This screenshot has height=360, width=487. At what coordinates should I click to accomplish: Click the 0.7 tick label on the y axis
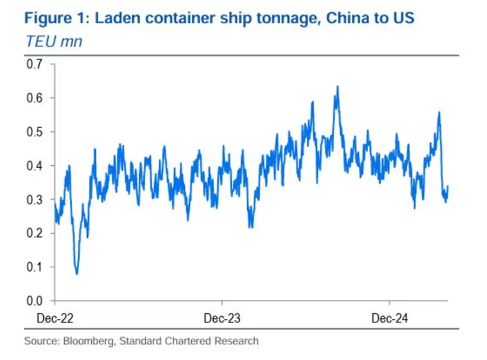(34, 64)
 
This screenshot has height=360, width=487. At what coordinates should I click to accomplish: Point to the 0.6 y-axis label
(34, 98)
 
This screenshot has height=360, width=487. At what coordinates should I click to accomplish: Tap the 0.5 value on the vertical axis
(34, 132)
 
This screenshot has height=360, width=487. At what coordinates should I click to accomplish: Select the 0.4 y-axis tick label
(34, 166)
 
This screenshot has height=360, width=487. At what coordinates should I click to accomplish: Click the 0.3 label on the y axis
(34, 200)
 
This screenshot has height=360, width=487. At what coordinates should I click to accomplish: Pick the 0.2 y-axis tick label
(34, 233)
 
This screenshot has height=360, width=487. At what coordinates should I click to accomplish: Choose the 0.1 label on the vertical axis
(34, 267)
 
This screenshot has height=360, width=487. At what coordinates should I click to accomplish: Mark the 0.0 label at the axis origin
(34, 300)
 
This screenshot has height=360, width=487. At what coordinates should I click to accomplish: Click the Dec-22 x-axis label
(55, 318)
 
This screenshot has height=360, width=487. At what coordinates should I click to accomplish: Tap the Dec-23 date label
(222, 318)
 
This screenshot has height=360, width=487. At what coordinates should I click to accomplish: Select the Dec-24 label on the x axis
(389, 318)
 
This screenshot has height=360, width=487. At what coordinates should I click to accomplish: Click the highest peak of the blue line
(337, 86)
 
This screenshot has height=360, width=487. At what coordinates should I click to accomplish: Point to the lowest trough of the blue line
(77, 274)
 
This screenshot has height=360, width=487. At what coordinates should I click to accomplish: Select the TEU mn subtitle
(54, 42)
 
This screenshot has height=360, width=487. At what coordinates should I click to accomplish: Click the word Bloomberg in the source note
(89, 341)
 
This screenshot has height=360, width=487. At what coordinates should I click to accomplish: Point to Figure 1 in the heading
(57, 18)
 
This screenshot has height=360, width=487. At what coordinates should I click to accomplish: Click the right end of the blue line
(448, 186)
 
